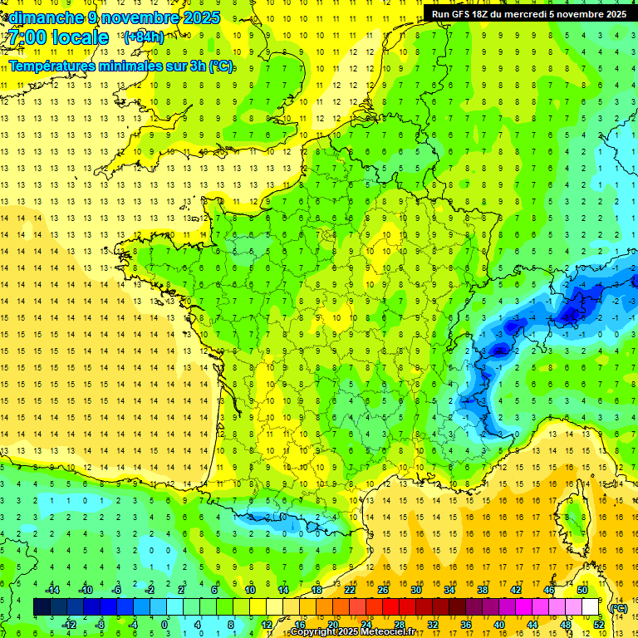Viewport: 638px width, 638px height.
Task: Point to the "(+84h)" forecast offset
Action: [144, 37]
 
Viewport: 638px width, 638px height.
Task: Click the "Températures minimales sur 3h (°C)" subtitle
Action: [121, 66]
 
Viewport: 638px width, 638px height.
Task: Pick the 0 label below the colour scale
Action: [164, 624]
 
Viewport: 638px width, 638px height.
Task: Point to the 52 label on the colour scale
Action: [599, 624]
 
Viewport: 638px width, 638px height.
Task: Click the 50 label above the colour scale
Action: [582, 589]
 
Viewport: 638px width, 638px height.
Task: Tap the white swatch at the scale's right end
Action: [591, 607]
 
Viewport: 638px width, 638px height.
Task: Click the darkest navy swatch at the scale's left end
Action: [42, 607]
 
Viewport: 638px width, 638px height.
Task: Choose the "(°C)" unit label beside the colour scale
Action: [619, 607]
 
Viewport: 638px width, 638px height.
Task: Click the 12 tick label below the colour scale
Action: [266, 624]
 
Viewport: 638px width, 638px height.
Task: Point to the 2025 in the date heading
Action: [201, 17]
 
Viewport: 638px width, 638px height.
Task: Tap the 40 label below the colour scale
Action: [498, 624]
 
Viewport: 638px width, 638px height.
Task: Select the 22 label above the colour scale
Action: [349, 589]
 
